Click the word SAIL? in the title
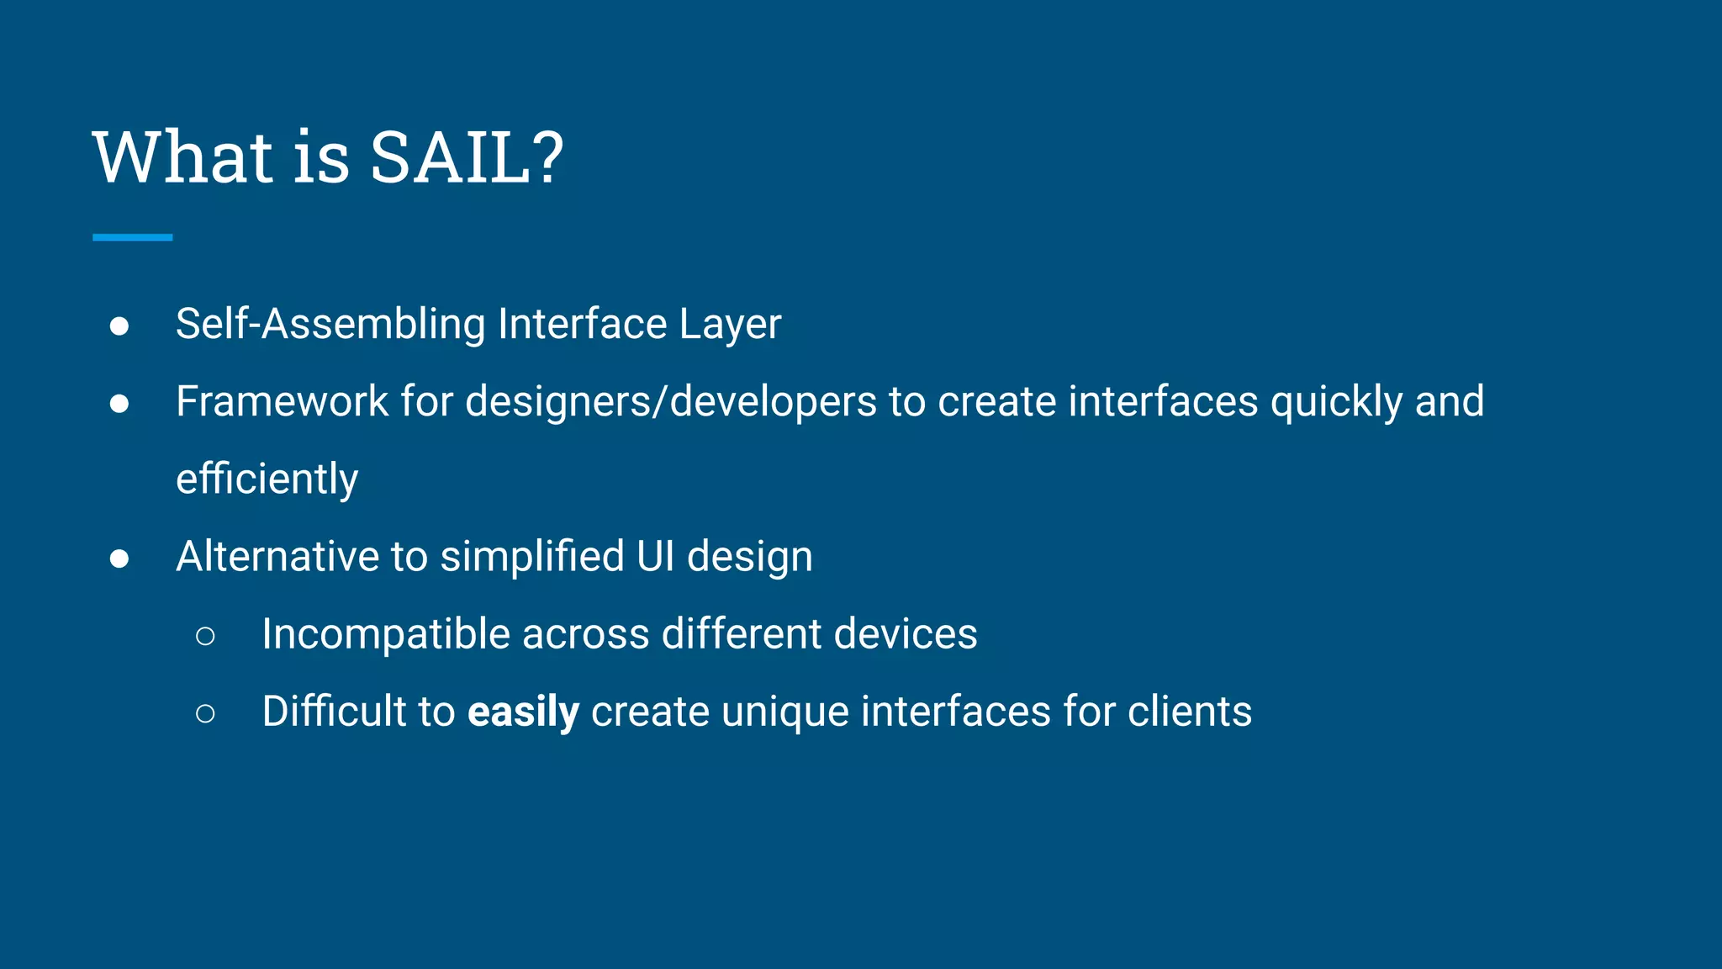(467, 157)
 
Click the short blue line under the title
(133, 238)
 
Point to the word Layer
(730, 324)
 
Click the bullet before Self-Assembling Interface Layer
(119, 326)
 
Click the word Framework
(282, 401)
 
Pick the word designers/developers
(671, 401)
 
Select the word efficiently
(267, 479)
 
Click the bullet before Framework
(119, 404)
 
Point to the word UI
(656, 557)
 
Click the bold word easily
(523, 712)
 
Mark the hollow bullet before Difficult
(205, 714)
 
